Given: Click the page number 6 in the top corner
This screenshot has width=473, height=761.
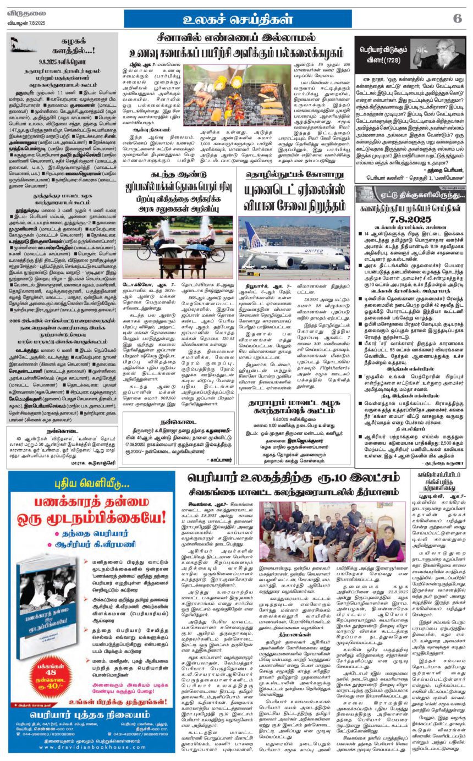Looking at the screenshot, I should point(457,18).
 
